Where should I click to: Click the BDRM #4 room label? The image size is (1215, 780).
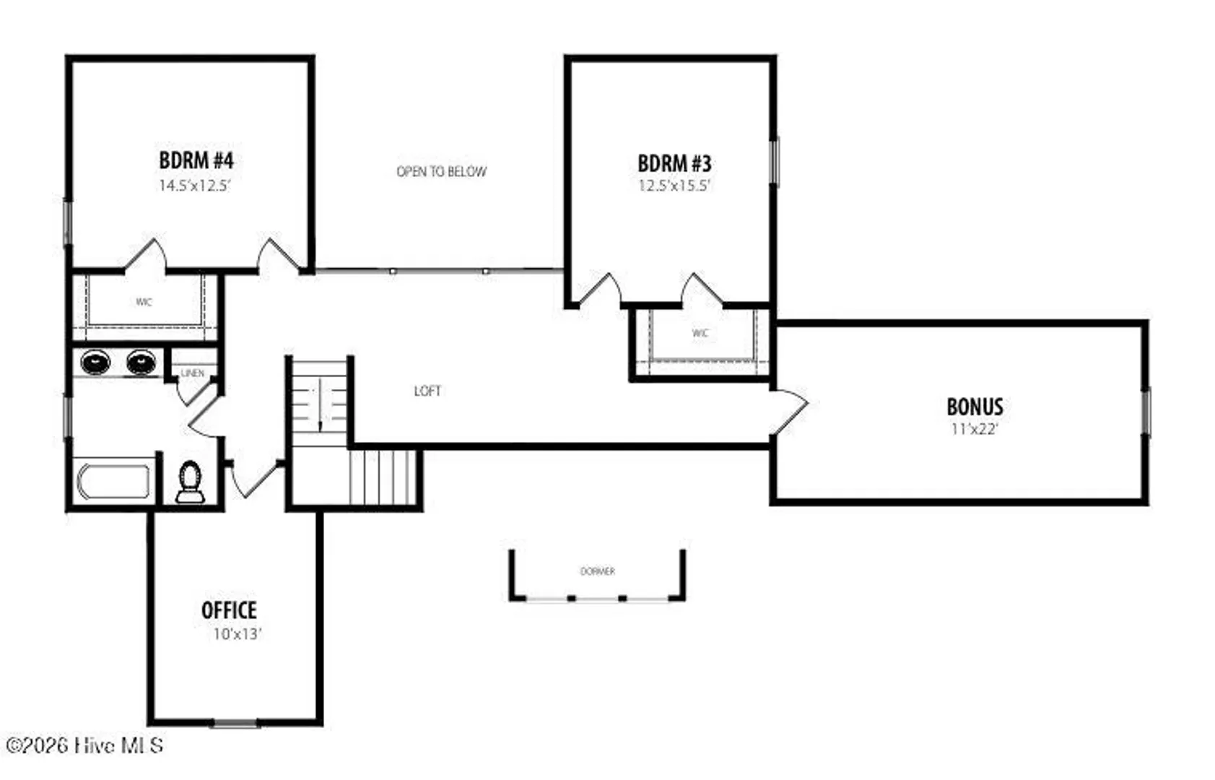pyautogui.click(x=196, y=160)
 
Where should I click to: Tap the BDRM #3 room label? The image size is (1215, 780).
pyautogui.click(x=674, y=162)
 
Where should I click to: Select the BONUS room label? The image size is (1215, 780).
pyautogui.click(x=975, y=407)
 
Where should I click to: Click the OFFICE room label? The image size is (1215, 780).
pyautogui.click(x=229, y=610)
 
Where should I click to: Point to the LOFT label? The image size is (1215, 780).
pyautogui.click(x=427, y=391)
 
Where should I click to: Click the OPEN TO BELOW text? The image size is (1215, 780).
pyautogui.click(x=442, y=171)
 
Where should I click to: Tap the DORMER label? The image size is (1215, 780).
pyautogui.click(x=597, y=571)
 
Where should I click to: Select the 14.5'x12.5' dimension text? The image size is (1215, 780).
pyautogui.click(x=195, y=186)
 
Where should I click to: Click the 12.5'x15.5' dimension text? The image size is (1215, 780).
pyautogui.click(x=674, y=186)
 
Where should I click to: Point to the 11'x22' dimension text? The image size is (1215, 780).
pyautogui.click(x=975, y=429)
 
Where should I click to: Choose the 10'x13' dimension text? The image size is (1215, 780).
pyautogui.click(x=238, y=634)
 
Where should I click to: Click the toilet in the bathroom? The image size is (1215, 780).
pyautogui.click(x=191, y=482)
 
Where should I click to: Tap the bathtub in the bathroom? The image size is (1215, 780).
pyautogui.click(x=114, y=482)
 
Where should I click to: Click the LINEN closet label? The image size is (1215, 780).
pyautogui.click(x=193, y=373)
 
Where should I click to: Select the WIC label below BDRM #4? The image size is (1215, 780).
pyautogui.click(x=144, y=302)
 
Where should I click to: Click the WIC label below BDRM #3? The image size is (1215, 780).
pyautogui.click(x=700, y=333)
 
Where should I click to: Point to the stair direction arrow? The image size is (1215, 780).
pyautogui.click(x=320, y=405)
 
